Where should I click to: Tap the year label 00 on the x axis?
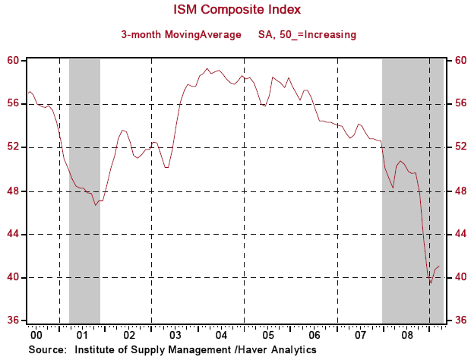[36, 334]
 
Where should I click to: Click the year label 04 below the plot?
[221, 334]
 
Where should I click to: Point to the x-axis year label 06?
[314, 334]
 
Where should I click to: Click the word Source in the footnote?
[46, 349]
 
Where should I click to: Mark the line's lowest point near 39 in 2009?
[431, 284]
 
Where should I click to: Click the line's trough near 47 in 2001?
[96, 205]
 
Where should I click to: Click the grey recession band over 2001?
[84, 190]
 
